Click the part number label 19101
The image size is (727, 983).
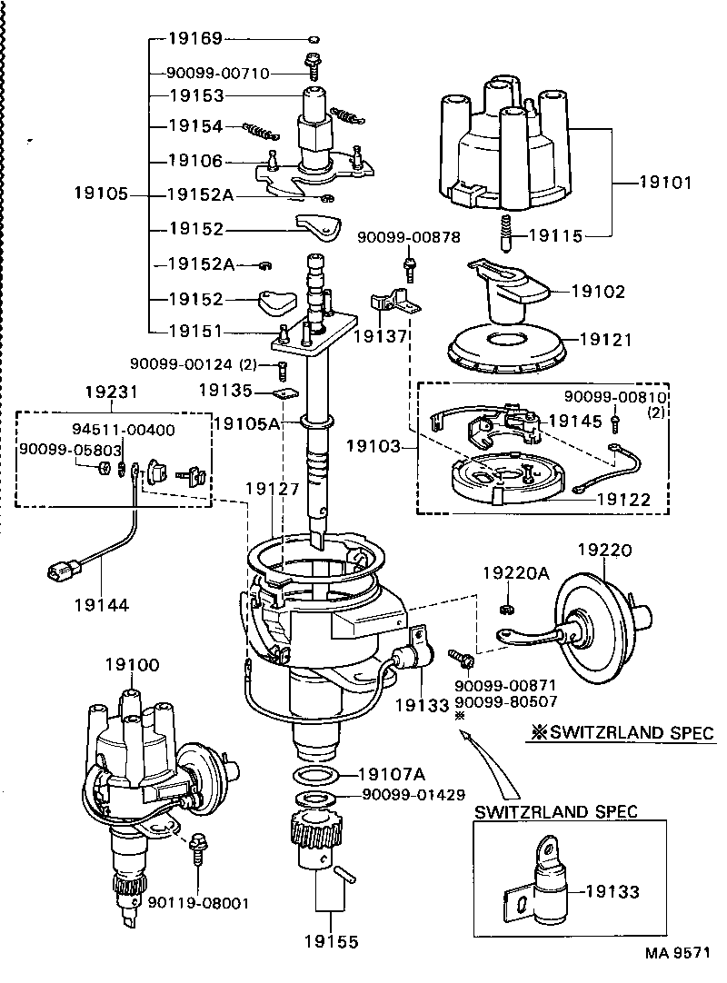click(x=665, y=183)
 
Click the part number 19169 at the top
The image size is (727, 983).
click(x=195, y=39)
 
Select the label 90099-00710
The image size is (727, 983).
click(x=218, y=74)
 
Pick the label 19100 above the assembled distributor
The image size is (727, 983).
click(x=132, y=664)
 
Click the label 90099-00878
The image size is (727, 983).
click(x=408, y=237)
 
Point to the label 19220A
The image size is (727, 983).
click(x=516, y=572)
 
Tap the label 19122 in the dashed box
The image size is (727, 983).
click(x=623, y=498)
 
